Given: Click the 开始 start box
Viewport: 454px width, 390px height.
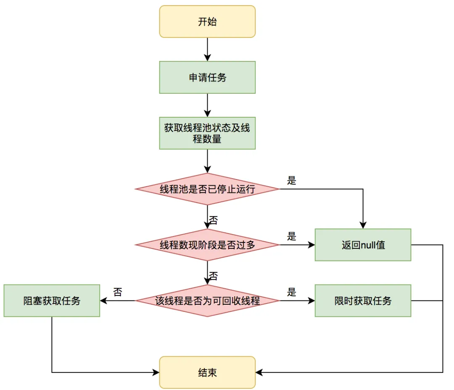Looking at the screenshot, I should tap(207, 21).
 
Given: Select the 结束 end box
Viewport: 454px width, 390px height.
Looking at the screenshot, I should tap(207, 372).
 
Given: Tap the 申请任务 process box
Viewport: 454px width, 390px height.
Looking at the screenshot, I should tap(207, 77).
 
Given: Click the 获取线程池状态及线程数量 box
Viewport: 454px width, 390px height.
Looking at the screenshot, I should tap(207, 133).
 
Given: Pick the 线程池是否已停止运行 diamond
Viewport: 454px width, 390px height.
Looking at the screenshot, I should tap(207, 189).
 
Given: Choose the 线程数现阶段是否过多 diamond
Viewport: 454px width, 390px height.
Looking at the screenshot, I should tap(207, 245).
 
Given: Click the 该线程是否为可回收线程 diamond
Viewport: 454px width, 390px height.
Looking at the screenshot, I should tap(207, 300).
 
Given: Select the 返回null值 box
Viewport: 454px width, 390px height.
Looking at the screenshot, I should tap(363, 245).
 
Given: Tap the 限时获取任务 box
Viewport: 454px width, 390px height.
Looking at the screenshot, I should tap(363, 300).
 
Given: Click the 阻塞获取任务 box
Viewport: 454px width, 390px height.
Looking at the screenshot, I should tap(52, 300).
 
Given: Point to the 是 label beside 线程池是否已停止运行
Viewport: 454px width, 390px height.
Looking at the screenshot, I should tap(292, 181).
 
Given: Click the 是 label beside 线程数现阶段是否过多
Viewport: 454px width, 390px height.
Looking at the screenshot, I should tap(292, 236).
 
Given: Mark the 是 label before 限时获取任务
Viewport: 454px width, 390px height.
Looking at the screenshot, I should tap(292, 292).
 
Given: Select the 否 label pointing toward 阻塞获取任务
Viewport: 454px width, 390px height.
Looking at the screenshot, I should tap(118, 292).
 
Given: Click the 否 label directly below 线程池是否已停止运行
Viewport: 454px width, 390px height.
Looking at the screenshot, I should tap(214, 220).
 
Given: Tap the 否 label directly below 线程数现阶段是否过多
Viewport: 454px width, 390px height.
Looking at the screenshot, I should tap(214, 276).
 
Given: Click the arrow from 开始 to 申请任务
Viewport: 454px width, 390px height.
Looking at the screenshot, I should tap(207, 50).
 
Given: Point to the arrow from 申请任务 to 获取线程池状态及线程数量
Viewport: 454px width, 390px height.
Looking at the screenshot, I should tap(207, 105).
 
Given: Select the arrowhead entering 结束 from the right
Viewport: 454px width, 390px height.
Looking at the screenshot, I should tap(259, 372).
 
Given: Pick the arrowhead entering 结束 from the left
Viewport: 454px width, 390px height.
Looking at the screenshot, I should tap(156, 372).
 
